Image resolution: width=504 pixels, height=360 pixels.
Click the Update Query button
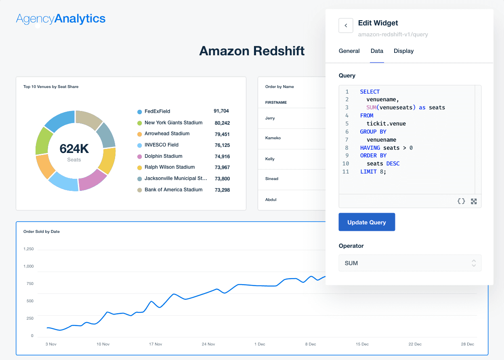[x=367, y=222]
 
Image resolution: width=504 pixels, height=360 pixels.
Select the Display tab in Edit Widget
[x=403, y=51]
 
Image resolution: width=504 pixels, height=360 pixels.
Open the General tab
[x=349, y=51]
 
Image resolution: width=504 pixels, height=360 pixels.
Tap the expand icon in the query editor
[x=474, y=201]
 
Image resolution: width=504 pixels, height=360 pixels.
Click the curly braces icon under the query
[x=461, y=201]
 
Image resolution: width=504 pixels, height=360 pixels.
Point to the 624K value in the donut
[x=74, y=149]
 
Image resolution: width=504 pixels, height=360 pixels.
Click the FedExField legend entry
[x=157, y=111]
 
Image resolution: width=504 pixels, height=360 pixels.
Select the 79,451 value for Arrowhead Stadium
[x=222, y=134]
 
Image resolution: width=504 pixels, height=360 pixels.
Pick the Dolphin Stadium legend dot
[x=140, y=156]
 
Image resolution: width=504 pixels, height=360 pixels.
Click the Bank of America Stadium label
[x=174, y=190]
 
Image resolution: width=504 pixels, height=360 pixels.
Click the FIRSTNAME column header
[x=276, y=103]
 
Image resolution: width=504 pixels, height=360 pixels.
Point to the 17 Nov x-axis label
[x=155, y=344]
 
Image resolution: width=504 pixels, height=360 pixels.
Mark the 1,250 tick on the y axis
[x=29, y=249]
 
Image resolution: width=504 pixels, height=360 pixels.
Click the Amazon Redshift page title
[x=252, y=51]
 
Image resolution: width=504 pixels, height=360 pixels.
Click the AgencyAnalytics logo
[x=61, y=19]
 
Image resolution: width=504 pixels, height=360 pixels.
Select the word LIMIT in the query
[x=368, y=172]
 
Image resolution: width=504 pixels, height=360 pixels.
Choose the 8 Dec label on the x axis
[x=311, y=344]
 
